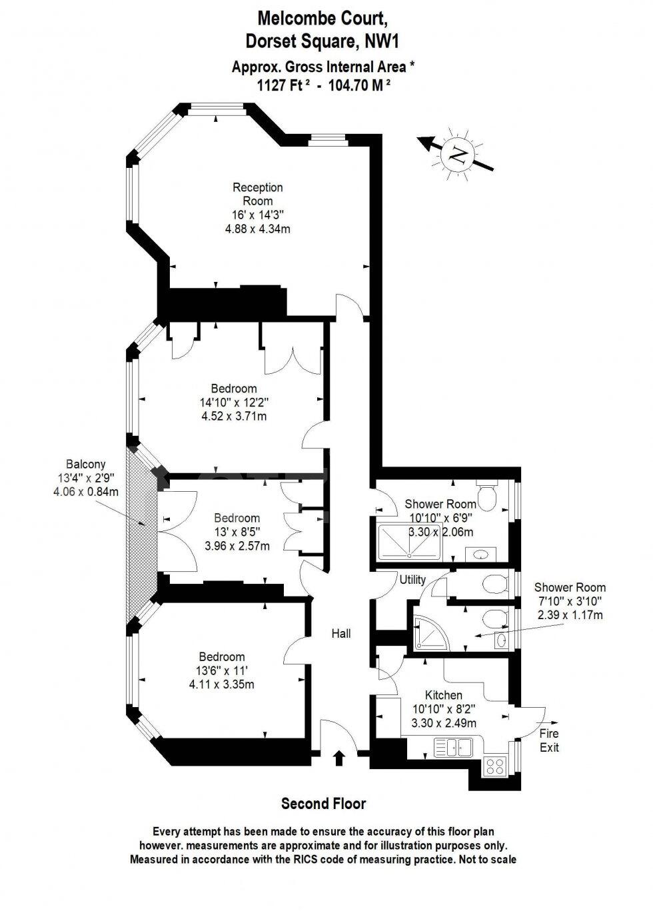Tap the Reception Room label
(x=257, y=194)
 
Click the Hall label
(x=341, y=634)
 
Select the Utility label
(x=412, y=580)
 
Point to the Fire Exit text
(x=549, y=740)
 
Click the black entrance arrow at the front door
(x=338, y=758)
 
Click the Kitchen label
(x=443, y=695)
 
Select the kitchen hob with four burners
(x=495, y=766)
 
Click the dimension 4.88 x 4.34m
(x=257, y=229)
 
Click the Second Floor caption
(x=323, y=804)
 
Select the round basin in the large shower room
(x=479, y=554)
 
